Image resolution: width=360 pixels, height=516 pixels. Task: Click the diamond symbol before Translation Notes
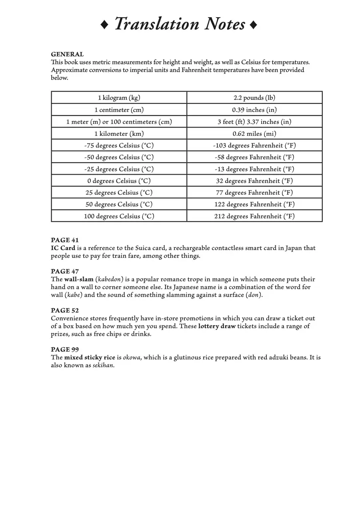point(104,25)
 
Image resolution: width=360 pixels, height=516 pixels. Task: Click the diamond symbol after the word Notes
point(253,25)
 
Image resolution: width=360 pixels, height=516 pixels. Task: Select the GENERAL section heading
point(67,54)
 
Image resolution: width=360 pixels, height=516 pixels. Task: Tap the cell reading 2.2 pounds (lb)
point(254,98)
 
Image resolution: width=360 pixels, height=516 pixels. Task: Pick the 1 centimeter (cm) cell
point(119,110)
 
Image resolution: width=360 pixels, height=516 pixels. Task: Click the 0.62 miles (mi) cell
point(254,133)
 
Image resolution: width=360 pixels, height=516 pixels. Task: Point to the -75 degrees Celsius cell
point(119,145)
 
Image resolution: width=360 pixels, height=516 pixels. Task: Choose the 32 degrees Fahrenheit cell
point(254,181)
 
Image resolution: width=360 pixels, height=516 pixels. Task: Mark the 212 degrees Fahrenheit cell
point(254,216)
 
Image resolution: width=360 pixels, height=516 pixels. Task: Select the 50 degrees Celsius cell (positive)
point(119,204)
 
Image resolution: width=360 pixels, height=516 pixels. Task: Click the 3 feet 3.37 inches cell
point(254,122)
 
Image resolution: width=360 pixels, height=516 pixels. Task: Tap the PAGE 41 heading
point(65,240)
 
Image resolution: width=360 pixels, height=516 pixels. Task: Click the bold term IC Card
point(63,248)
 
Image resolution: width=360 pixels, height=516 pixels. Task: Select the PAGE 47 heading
point(65,271)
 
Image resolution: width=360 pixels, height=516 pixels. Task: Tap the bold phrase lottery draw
point(217,326)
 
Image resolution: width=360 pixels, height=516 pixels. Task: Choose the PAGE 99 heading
point(65,350)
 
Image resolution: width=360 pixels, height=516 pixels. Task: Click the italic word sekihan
point(103,365)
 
